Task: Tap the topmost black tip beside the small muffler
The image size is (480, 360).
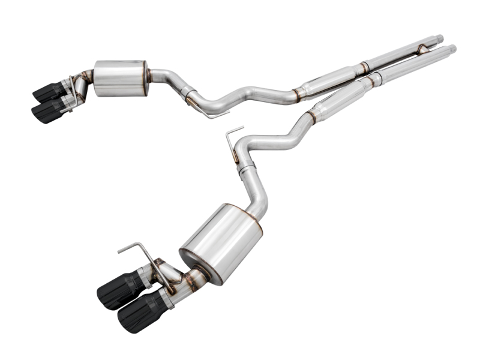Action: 49,91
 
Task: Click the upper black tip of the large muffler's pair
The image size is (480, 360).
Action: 118,290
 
